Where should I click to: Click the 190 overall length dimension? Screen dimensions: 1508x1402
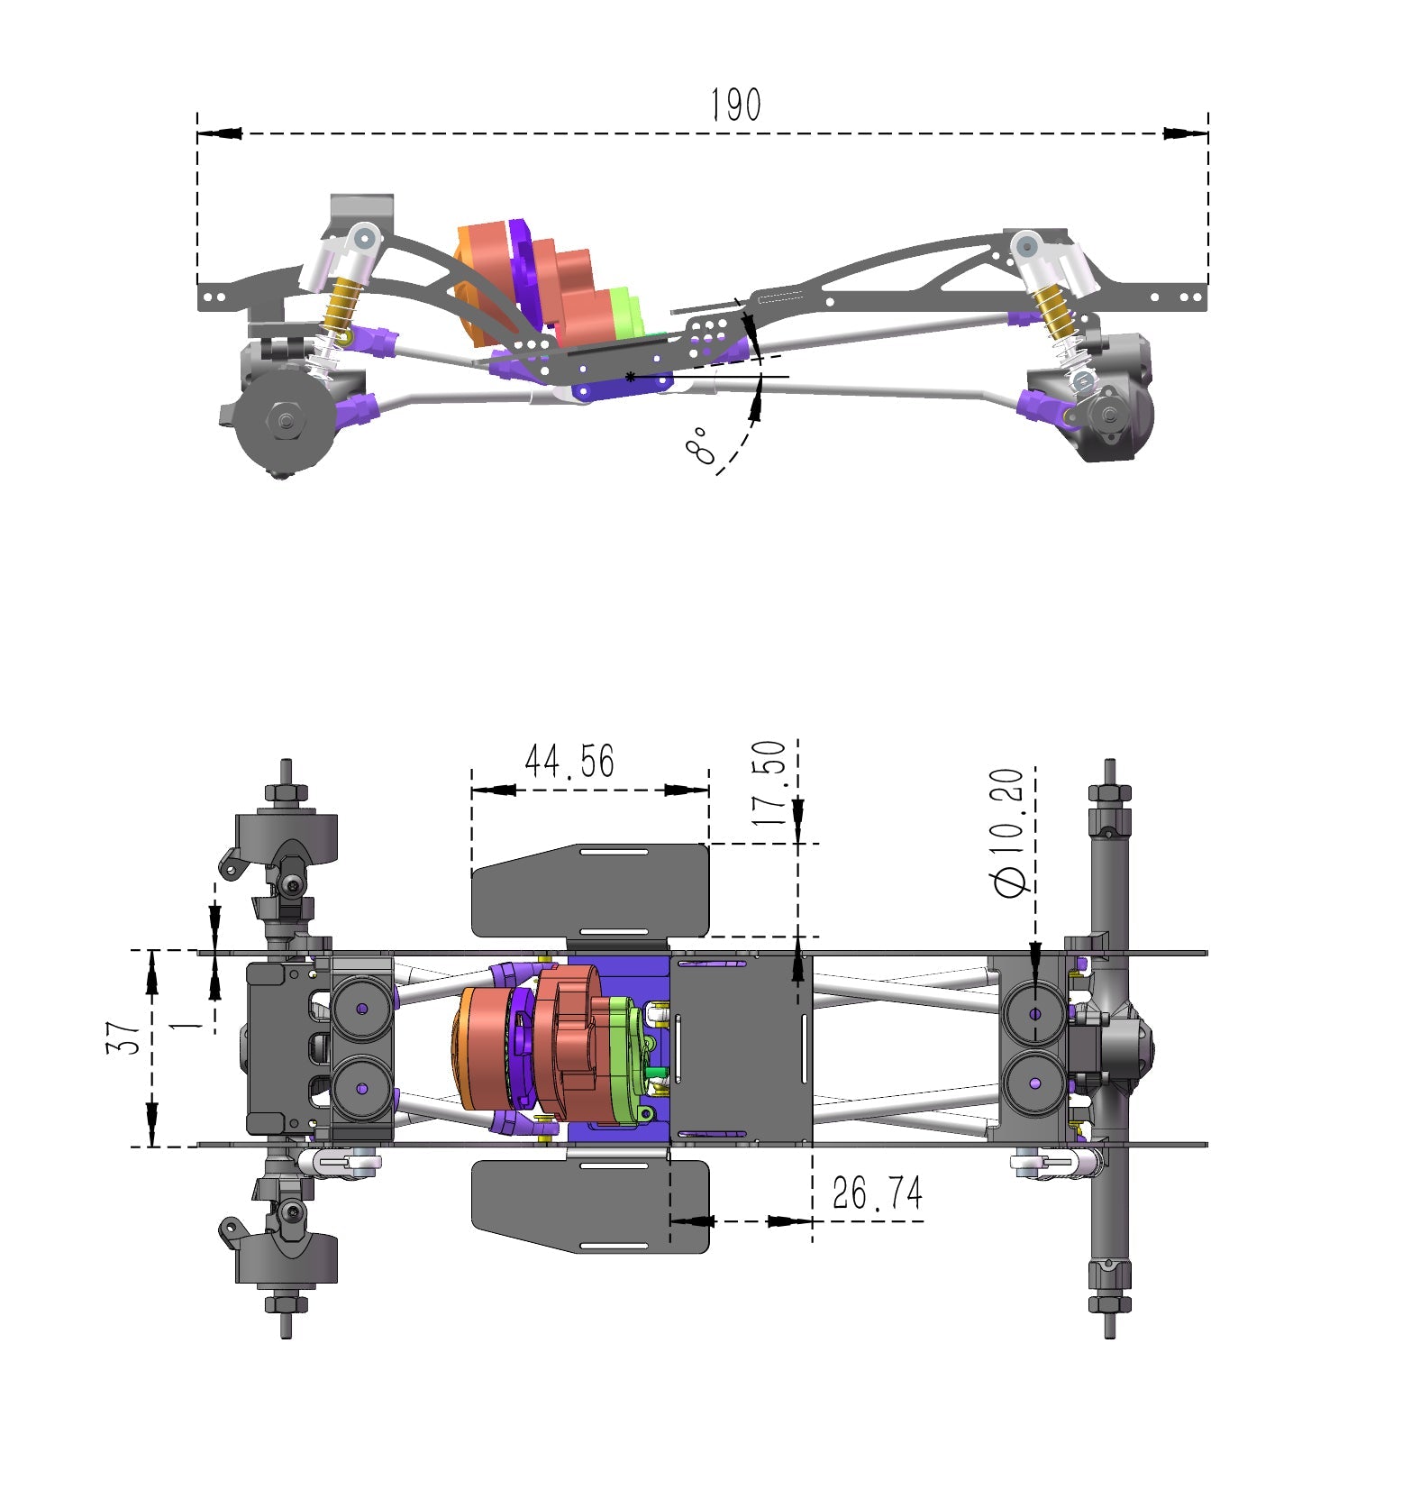coord(735,105)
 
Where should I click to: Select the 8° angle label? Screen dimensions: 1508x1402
coord(702,446)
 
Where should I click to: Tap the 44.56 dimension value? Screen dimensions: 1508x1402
coord(569,762)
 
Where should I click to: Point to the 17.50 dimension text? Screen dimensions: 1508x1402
coord(769,782)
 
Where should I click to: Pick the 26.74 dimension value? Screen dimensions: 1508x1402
coord(877,1193)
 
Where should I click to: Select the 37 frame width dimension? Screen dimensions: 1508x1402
coord(124,1037)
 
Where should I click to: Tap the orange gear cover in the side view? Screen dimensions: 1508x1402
coord(468,288)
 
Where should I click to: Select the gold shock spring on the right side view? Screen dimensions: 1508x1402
coord(1051,310)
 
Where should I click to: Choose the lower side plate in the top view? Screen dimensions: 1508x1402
coord(590,1205)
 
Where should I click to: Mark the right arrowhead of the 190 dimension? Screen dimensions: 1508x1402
coord(1185,133)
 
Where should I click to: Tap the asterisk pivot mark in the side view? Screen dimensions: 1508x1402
coord(631,376)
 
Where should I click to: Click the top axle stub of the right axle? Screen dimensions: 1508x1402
coord(1109,773)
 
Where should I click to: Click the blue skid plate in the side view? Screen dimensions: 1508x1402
coord(622,388)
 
